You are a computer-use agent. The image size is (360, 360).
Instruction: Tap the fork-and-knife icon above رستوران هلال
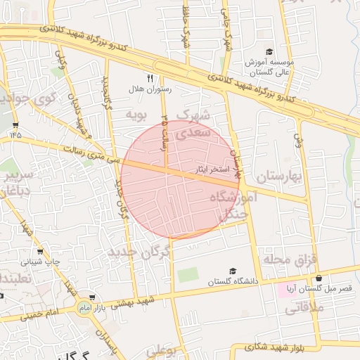tap(149, 78)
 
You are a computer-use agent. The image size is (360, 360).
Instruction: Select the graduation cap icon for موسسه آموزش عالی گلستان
tap(269, 51)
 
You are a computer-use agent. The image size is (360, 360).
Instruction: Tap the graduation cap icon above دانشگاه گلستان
tap(233, 271)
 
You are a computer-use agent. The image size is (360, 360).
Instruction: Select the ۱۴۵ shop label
tap(15, 133)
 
